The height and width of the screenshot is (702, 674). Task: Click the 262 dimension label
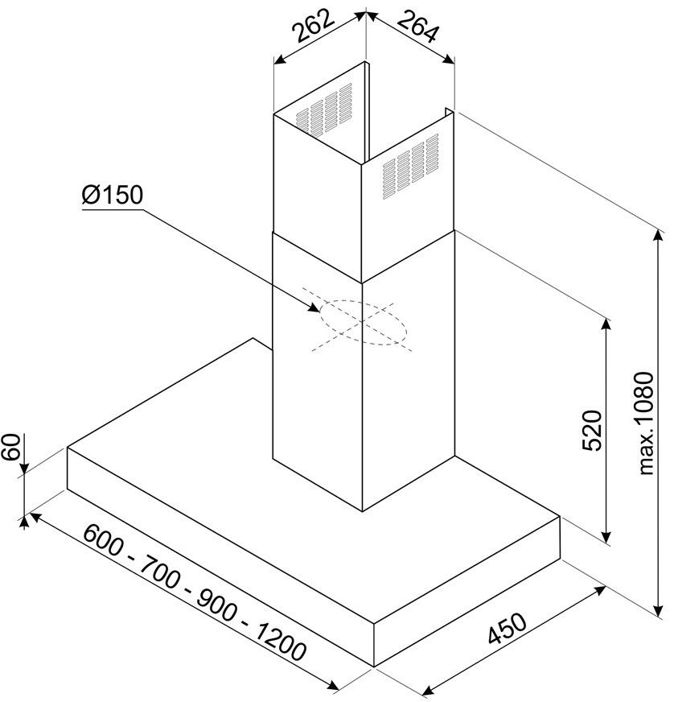click(313, 26)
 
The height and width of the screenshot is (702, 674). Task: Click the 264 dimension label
click(417, 27)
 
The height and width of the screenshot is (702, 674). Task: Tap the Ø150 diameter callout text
click(113, 195)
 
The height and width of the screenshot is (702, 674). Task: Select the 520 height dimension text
click(592, 430)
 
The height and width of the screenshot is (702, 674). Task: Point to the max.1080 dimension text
click(646, 423)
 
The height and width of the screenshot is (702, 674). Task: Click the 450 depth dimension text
click(507, 628)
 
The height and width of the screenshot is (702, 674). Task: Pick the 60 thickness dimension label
click(11, 446)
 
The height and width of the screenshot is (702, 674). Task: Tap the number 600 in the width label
click(104, 539)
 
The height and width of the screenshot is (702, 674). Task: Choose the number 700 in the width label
click(160, 572)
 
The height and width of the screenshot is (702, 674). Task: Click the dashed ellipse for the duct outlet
click(364, 322)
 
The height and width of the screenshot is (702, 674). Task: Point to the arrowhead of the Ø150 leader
click(314, 308)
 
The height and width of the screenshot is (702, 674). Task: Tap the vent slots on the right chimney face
click(410, 167)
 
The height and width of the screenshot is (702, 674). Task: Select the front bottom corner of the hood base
click(374, 667)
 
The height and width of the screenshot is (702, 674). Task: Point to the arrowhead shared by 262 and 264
click(366, 14)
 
